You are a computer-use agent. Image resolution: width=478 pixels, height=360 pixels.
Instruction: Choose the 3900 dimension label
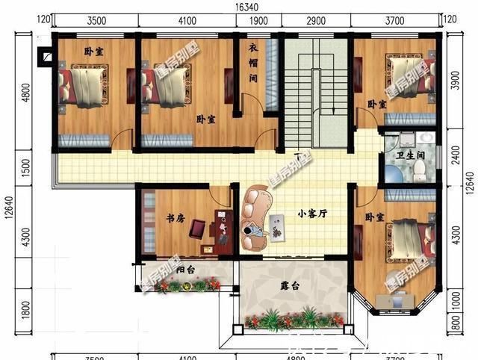[x=454, y=82]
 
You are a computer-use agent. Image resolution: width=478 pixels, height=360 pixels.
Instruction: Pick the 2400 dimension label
[x=454, y=154]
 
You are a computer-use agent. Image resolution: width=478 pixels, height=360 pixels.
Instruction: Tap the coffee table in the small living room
[x=278, y=226]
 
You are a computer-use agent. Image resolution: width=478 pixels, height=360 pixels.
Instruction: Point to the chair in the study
[x=198, y=227]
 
